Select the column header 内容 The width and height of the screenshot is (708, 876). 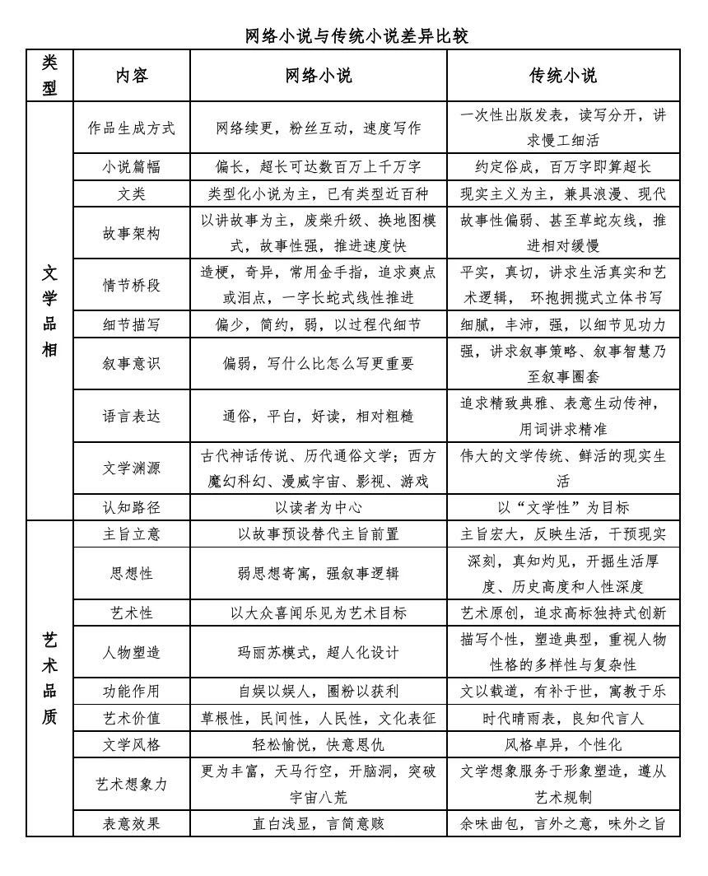click(x=132, y=76)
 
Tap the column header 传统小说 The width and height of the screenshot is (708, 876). click(x=563, y=76)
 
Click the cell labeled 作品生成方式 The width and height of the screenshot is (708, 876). click(x=132, y=128)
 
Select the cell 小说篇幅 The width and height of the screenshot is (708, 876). click(x=132, y=167)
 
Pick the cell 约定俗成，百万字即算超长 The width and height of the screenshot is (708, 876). click(x=563, y=167)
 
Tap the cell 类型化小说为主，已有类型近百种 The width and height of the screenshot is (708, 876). click(x=319, y=194)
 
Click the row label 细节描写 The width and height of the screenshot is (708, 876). click(x=132, y=324)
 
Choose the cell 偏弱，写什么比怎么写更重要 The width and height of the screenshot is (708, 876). click(x=319, y=364)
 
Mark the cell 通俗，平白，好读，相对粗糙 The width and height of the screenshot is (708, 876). click(x=319, y=417)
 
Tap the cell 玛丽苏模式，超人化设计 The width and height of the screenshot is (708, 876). click(x=319, y=652)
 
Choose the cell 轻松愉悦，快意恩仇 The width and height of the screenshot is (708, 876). click(x=319, y=745)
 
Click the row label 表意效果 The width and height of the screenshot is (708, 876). click(x=132, y=823)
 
